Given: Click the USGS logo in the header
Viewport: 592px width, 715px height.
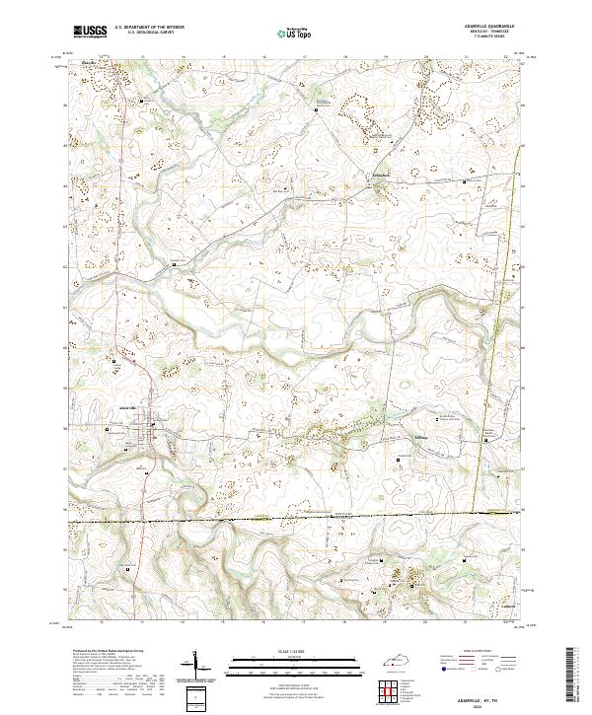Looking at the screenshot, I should click(x=90, y=32).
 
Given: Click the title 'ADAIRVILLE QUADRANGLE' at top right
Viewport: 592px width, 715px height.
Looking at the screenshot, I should click(x=481, y=26).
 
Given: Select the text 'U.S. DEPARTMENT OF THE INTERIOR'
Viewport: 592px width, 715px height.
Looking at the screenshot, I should click(x=156, y=27).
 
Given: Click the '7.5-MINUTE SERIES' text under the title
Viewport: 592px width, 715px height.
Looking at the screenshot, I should click(x=481, y=37).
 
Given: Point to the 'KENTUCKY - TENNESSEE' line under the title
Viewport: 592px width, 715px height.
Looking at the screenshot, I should click(x=481, y=32).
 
